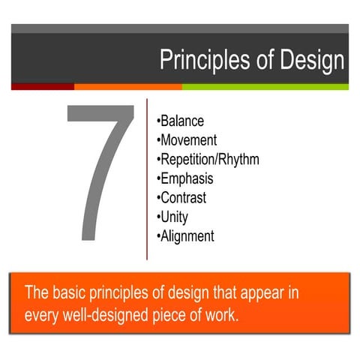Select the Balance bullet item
tap(181, 121)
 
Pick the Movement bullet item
tap(187, 140)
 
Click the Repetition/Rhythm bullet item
tap(208, 159)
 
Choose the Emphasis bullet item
tap(185, 178)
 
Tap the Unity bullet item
tap(173, 217)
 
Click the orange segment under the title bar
tap(127, 86)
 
